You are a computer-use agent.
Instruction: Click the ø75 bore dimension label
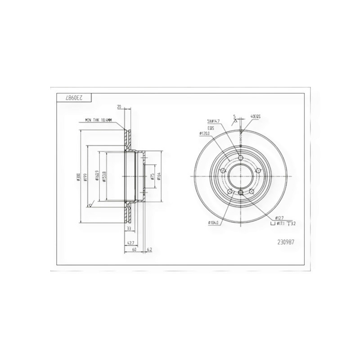coord(153,176)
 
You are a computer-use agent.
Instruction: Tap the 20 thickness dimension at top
coord(119,107)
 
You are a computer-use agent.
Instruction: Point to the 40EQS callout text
coord(255,117)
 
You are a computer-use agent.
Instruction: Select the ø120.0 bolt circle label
coord(206,134)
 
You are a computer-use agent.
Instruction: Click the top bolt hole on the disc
coord(241,158)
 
